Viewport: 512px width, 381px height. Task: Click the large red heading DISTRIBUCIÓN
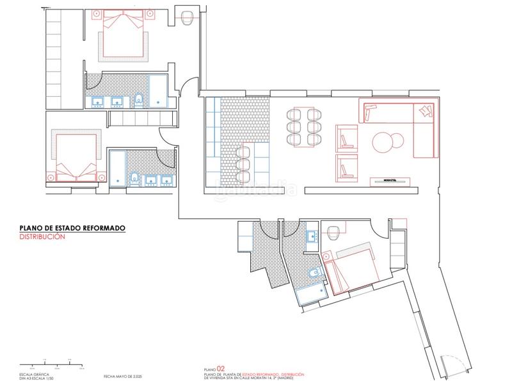coord(43,236)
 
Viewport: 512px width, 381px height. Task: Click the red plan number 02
coord(221,369)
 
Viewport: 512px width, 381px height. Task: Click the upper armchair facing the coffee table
coord(346,136)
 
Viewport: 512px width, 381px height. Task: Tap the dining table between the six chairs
coord(305,126)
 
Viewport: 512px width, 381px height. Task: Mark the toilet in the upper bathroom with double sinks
coord(139,100)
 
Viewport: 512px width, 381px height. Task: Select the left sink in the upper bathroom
coord(99,101)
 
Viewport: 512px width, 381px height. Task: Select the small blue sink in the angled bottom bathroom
coord(312,238)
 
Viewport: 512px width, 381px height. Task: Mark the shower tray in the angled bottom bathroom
coord(311,291)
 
